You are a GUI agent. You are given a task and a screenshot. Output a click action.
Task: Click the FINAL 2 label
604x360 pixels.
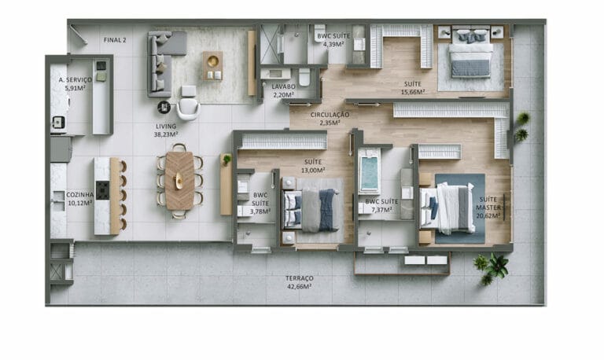point(115,39)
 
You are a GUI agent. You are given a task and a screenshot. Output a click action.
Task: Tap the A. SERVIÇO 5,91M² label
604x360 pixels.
point(75,84)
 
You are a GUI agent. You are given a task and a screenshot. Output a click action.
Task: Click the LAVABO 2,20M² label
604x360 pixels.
point(284,90)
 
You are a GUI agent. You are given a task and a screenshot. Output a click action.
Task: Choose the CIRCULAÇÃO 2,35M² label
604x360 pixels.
point(330,118)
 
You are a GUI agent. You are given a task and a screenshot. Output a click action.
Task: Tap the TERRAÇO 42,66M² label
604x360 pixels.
point(300,282)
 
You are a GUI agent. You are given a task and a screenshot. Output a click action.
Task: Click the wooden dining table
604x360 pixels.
point(180,180)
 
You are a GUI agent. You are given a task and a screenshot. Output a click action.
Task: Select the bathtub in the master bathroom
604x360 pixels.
point(370,174)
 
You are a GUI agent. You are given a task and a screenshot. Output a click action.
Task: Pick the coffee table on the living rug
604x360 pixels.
point(212,65)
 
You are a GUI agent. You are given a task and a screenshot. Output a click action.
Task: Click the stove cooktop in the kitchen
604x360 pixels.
point(102,191)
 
